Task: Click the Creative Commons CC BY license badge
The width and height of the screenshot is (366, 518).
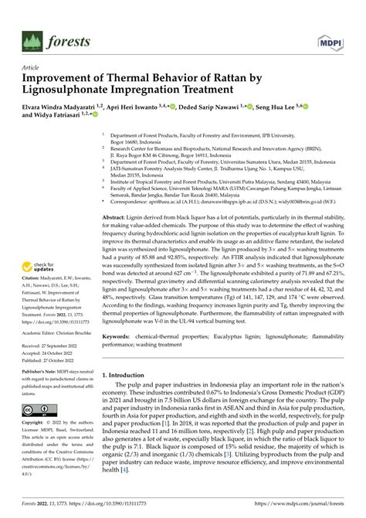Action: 37,409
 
